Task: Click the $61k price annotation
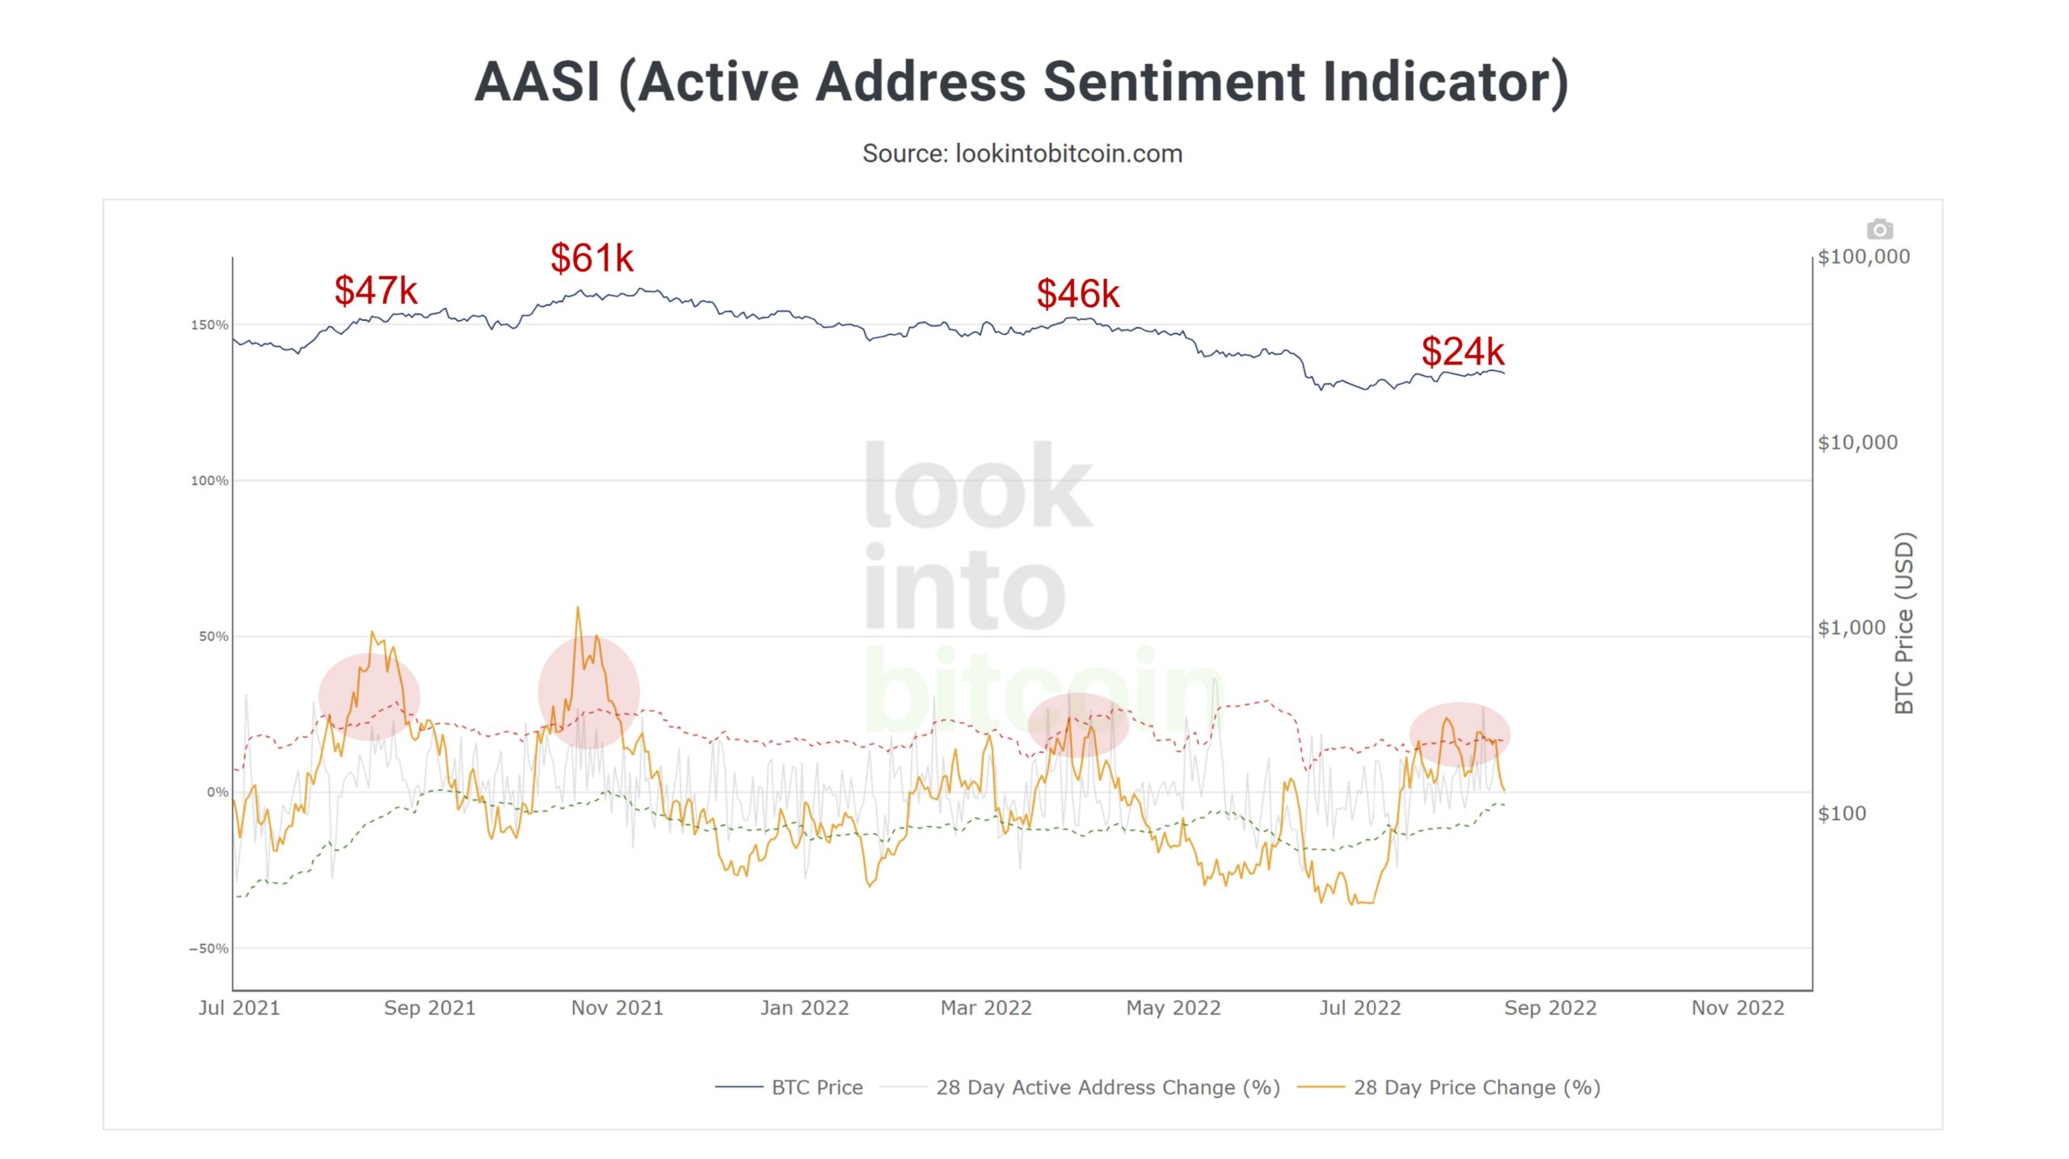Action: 592,259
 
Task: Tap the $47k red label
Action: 376,291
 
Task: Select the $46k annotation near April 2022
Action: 1077,294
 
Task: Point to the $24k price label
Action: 1462,352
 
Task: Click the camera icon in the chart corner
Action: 1879,230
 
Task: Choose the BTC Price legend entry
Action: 816,1087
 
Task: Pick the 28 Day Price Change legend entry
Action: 1476,1087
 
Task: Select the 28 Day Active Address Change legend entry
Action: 1107,1087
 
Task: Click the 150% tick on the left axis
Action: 209,325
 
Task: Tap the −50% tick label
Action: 209,948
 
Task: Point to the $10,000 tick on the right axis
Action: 1857,442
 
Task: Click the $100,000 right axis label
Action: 1863,257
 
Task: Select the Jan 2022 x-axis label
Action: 804,1008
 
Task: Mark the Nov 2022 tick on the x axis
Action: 1738,1008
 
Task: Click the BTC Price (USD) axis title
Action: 1904,622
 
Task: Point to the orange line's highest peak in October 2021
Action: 578,609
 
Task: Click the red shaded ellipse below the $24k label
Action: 1460,734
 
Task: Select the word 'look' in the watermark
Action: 978,485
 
